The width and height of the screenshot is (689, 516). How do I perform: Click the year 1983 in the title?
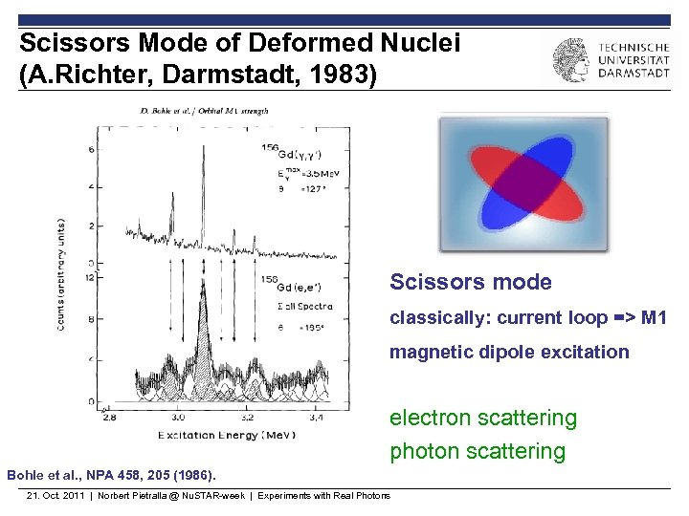(x=344, y=75)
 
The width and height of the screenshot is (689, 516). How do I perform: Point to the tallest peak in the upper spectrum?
(x=203, y=143)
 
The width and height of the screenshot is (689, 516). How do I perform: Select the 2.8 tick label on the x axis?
(x=108, y=418)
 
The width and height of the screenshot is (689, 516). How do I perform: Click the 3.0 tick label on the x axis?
(x=178, y=418)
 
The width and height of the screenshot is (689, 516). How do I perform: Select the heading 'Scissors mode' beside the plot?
(x=470, y=282)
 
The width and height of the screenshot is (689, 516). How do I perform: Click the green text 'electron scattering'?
(x=482, y=418)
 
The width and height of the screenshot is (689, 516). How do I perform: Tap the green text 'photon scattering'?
(x=477, y=451)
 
